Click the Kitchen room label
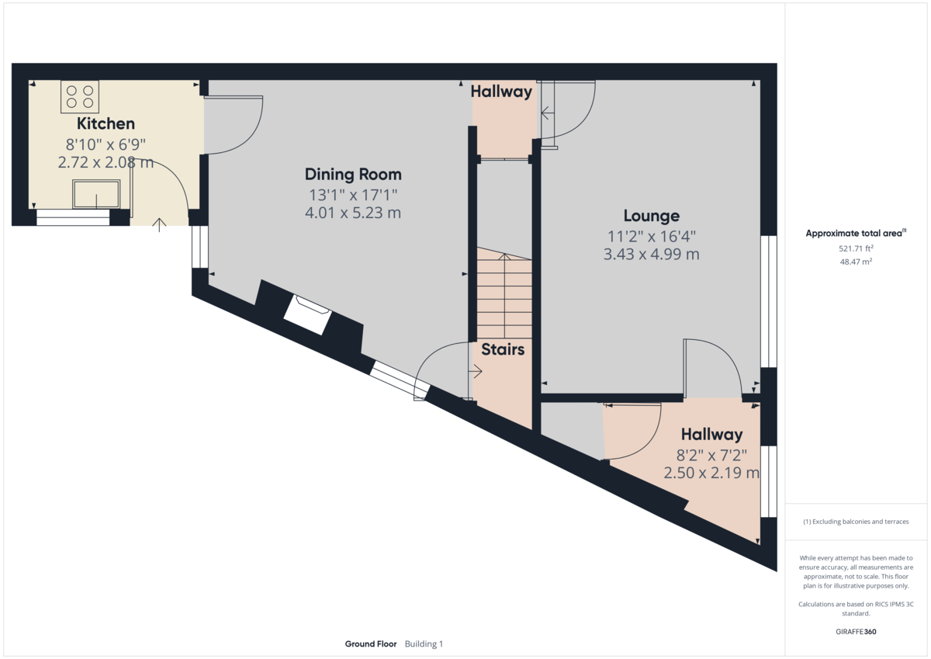click(106, 123)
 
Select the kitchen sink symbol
click(96, 194)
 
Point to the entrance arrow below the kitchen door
click(160, 225)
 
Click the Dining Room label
click(353, 174)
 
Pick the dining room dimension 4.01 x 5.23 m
click(353, 213)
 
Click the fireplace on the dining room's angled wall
click(308, 315)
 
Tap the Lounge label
click(652, 216)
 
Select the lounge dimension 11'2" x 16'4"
click(652, 236)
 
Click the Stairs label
click(503, 349)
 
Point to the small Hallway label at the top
click(501, 92)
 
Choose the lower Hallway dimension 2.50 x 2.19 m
click(711, 472)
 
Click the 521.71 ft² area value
click(857, 248)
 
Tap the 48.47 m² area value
click(857, 262)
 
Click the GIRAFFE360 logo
click(857, 632)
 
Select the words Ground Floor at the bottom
click(371, 644)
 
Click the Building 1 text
click(424, 644)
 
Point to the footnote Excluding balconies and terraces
click(857, 522)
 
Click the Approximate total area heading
click(855, 233)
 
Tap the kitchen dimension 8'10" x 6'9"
click(106, 144)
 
